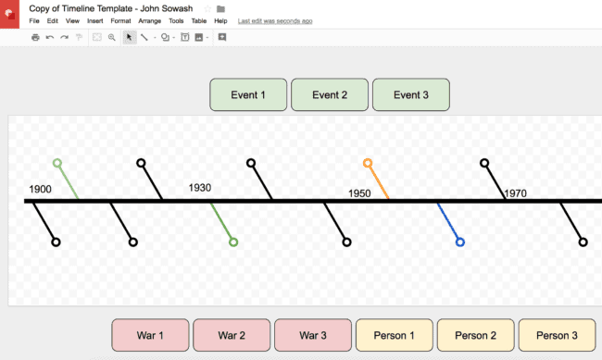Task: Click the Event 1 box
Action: click(248, 94)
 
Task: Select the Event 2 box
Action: click(330, 94)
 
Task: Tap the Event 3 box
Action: click(411, 94)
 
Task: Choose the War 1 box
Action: click(150, 335)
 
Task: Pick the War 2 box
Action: click(232, 335)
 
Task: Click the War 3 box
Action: click(313, 335)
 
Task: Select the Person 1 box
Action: click(394, 335)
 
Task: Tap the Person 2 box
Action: click(476, 335)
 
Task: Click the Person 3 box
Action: click(558, 335)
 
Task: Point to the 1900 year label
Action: click(40, 190)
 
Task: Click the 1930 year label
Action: click(200, 188)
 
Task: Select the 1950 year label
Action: click(359, 193)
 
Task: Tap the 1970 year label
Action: click(516, 193)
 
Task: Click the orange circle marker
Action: click(368, 163)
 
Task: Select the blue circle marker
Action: click(460, 242)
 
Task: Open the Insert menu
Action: click(94, 20)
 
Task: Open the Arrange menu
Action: click(149, 20)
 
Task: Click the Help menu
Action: click(220, 20)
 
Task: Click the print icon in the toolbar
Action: click(35, 37)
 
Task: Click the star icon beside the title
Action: click(207, 8)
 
